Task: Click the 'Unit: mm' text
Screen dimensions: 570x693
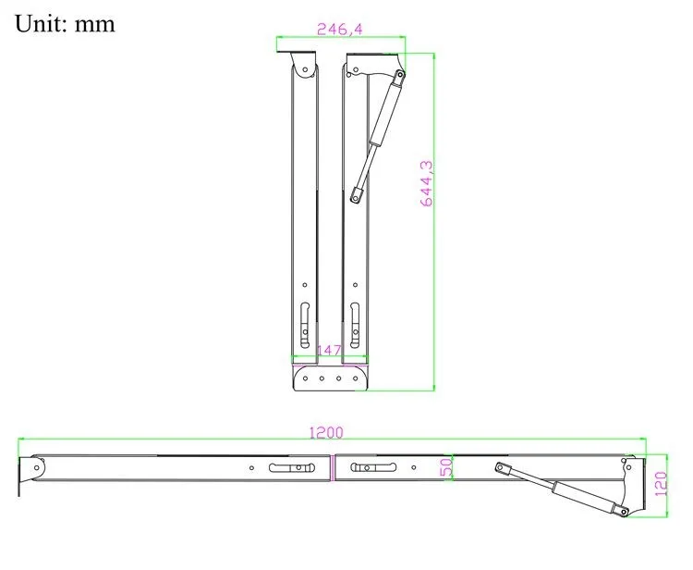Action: pyautogui.click(x=65, y=23)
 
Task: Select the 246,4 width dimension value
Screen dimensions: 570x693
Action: pyautogui.click(x=339, y=29)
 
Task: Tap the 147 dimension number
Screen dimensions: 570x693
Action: pyautogui.click(x=330, y=351)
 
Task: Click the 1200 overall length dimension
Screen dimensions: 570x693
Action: pyautogui.click(x=324, y=432)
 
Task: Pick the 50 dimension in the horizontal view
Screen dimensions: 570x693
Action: pyautogui.click(x=444, y=468)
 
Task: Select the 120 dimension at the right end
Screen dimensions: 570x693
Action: pyautogui.click(x=660, y=483)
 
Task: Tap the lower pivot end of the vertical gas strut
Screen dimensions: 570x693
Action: pyautogui.click(x=356, y=194)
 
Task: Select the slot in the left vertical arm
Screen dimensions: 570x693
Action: pyautogui.click(x=306, y=319)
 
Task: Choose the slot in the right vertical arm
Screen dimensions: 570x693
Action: pyautogui.click(x=356, y=319)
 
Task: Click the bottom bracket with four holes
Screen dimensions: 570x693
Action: pyautogui.click(x=331, y=378)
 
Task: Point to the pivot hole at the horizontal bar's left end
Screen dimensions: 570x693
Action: pyautogui.click(x=36, y=468)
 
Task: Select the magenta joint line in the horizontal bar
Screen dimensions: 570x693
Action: pyautogui.click(x=333, y=468)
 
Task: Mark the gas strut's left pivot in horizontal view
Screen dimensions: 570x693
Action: pyautogui.click(x=501, y=469)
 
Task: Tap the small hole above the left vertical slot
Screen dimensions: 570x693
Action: pyautogui.click(x=306, y=285)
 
